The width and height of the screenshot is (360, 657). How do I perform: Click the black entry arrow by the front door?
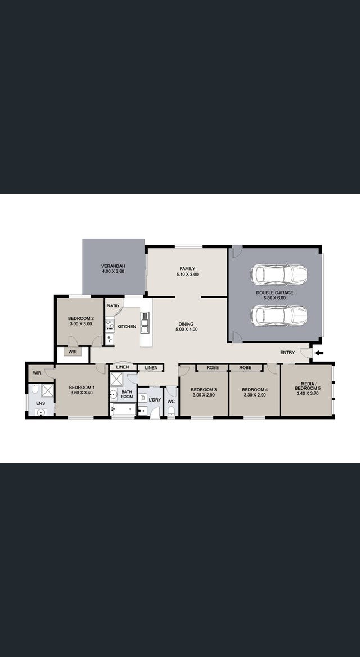click(319, 353)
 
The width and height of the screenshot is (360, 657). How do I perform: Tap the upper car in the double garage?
click(279, 274)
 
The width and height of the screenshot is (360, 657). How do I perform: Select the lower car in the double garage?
click(279, 316)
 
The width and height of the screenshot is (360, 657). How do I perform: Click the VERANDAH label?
click(113, 266)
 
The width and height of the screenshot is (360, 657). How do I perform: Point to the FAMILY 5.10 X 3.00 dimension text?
click(187, 274)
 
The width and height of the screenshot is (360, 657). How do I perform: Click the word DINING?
click(186, 324)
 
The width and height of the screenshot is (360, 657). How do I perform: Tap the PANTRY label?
click(112, 306)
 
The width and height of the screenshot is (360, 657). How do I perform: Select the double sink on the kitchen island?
click(145, 322)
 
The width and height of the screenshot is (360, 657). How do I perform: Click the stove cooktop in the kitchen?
click(110, 325)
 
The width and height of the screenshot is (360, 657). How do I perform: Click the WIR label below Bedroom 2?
click(73, 352)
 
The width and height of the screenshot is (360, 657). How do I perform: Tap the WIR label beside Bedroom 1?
click(37, 372)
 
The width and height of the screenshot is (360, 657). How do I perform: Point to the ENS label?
click(40, 403)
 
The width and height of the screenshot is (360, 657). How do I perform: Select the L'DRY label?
click(155, 400)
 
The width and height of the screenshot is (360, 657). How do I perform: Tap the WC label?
click(171, 402)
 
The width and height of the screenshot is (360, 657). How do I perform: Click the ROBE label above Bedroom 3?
click(213, 367)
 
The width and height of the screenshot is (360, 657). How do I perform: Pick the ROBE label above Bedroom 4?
click(245, 367)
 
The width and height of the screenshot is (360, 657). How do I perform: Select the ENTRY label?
click(287, 352)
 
